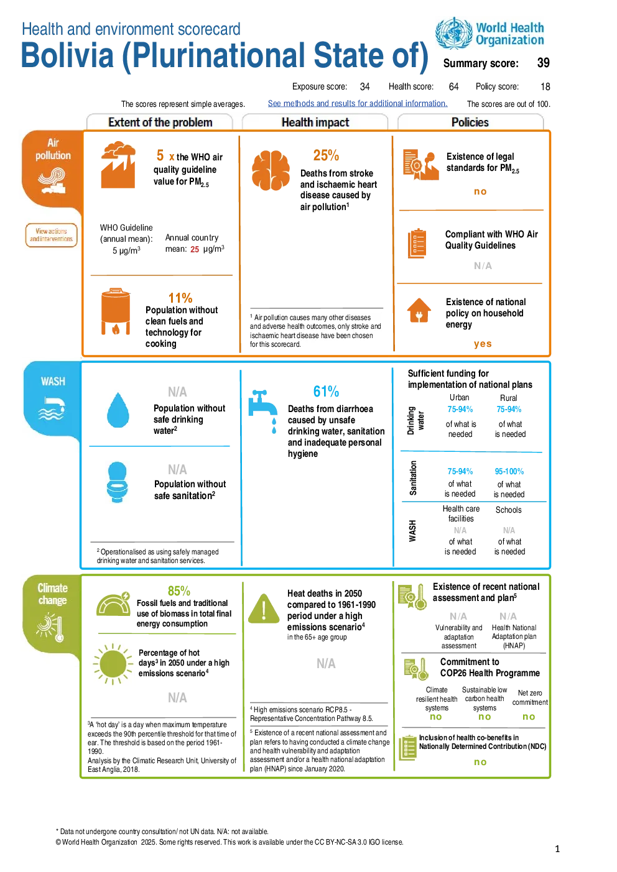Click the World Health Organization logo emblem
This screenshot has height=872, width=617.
tap(454, 34)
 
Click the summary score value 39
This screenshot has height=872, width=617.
tap(543, 63)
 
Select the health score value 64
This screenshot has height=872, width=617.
tap(453, 86)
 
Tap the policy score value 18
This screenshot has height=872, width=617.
tap(545, 86)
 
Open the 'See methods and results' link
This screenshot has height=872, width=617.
tap(357, 103)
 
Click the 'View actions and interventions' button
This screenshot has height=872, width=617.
tap(51, 235)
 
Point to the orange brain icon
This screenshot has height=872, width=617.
tap(271, 170)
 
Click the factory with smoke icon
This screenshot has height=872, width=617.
tap(118, 165)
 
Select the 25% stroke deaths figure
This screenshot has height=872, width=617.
tap(326, 155)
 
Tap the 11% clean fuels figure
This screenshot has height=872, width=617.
tap(180, 298)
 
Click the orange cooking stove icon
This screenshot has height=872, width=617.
tap(116, 311)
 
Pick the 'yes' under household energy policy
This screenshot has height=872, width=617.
tap(482, 344)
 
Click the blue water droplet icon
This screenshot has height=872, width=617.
tap(118, 410)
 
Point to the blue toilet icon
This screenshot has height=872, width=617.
tap(117, 482)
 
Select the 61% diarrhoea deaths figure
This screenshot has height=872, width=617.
tap(326, 391)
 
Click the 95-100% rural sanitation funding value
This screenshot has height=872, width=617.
tap(509, 471)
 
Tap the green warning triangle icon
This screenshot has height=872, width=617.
tap(264, 609)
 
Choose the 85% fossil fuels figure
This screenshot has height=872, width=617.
tap(179, 591)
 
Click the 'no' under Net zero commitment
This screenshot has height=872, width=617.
tap(529, 717)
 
